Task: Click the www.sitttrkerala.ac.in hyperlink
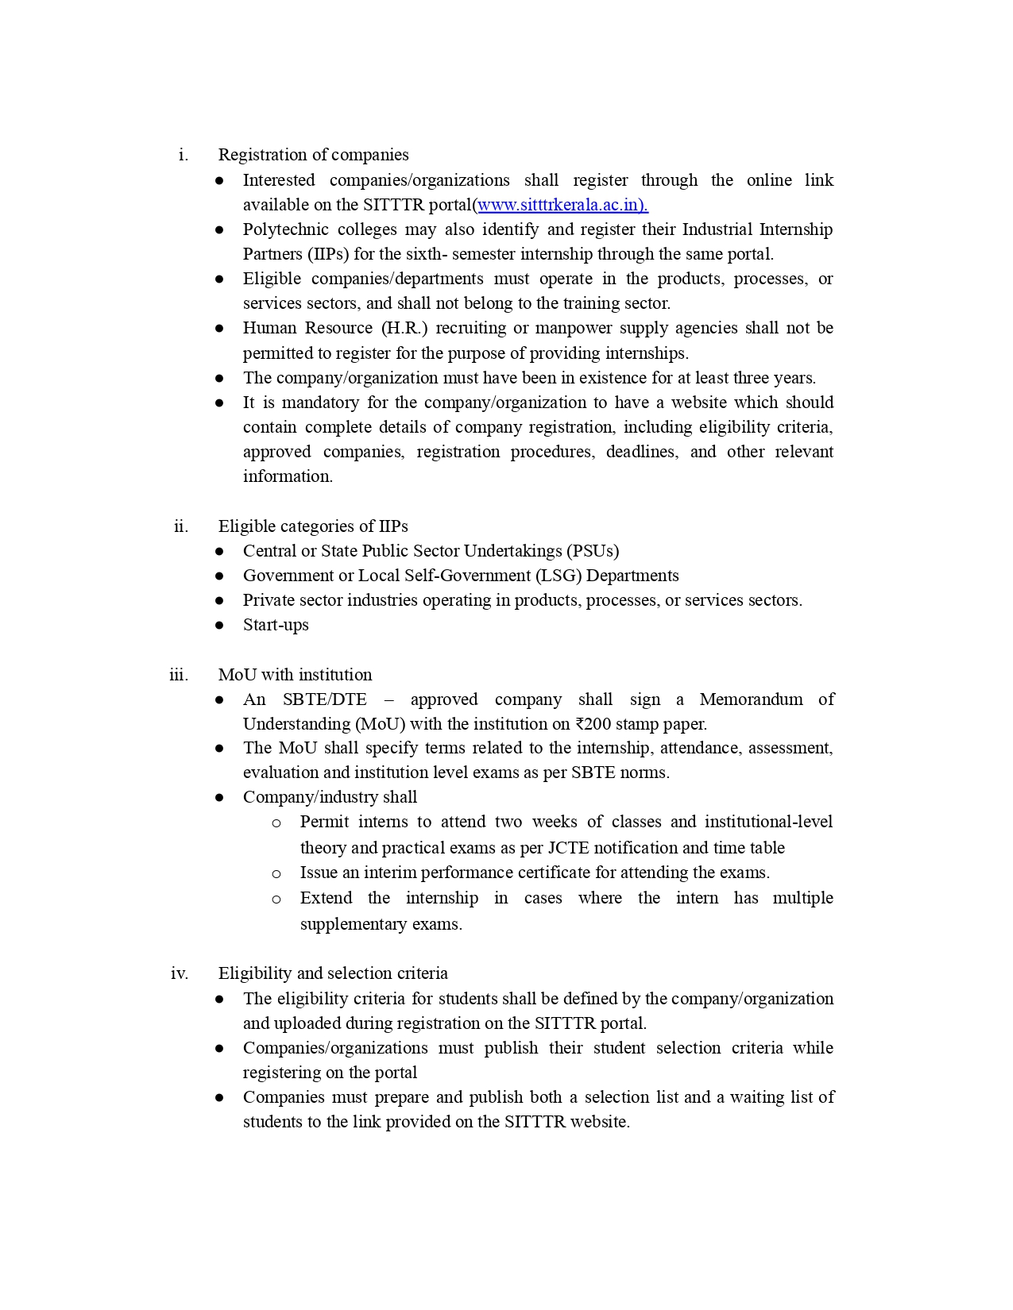tap(563, 205)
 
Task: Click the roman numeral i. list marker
tap(184, 155)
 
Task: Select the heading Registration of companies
tap(313, 155)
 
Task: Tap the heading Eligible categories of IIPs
tap(313, 526)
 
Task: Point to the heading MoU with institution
tap(295, 675)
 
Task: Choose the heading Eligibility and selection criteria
tap(333, 973)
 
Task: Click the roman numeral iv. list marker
tap(180, 973)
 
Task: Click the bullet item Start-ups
tap(276, 625)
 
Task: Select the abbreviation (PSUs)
tap(592, 551)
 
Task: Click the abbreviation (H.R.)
tap(404, 328)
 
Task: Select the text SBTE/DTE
tap(324, 699)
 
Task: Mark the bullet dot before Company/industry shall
tap(219, 798)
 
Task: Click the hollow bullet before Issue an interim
tap(276, 874)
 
